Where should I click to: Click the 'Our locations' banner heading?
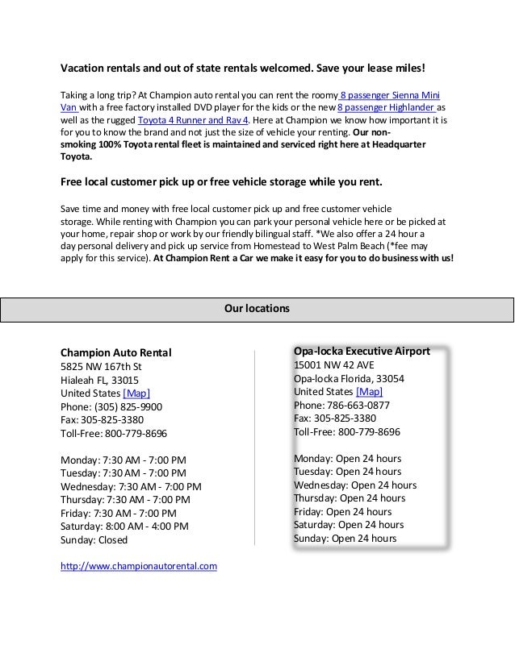tap(257, 308)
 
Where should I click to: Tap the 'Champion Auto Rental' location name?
tap(116, 352)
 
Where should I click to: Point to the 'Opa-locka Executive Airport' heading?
tap(362, 351)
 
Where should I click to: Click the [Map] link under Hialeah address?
tap(136, 393)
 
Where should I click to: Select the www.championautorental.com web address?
tap(139, 567)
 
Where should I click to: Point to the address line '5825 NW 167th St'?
tap(101, 365)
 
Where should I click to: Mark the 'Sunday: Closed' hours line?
tap(94, 539)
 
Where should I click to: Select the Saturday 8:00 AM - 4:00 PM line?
tap(124, 526)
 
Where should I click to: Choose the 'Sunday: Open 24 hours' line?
tap(345, 538)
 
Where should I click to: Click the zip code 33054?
tap(388, 378)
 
